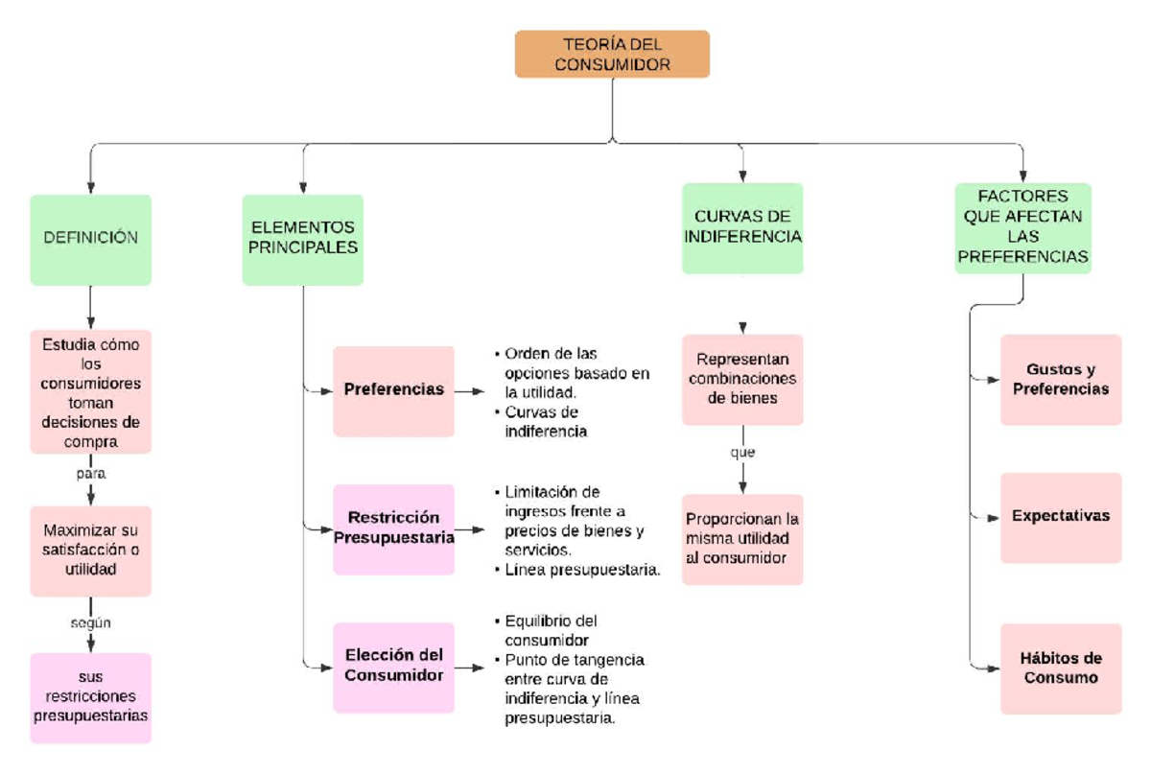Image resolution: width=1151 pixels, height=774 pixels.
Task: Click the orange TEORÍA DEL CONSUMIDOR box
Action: click(x=612, y=54)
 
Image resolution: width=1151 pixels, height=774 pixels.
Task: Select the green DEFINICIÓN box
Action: click(x=90, y=239)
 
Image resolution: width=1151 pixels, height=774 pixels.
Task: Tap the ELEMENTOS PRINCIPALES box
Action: click(x=303, y=239)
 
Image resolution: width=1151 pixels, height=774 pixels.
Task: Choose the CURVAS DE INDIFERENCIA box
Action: click(x=742, y=227)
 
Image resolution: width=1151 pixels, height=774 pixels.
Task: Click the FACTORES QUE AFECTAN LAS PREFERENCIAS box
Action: click(x=1022, y=227)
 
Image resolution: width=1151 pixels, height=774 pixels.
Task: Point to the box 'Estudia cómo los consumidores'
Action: click(x=90, y=391)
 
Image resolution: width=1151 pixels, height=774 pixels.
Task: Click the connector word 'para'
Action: click(x=90, y=474)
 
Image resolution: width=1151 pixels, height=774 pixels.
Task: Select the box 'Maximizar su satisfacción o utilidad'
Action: click(x=90, y=551)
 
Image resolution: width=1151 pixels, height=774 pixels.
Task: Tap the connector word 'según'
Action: click(x=90, y=623)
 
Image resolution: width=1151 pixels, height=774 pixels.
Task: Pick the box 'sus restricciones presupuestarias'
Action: click(x=90, y=697)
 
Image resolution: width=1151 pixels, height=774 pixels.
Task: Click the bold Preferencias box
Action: click(x=393, y=390)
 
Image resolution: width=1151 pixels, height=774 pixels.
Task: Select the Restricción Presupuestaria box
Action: click(x=393, y=528)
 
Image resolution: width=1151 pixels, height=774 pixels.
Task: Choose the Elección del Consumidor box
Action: click(x=393, y=666)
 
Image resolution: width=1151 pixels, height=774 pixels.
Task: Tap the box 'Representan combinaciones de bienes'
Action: click(x=742, y=379)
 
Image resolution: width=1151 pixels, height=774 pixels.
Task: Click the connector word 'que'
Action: click(x=742, y=453)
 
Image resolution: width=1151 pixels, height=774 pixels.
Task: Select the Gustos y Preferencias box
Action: click(x=1061, y=379)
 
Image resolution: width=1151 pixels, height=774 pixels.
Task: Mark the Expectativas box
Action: click(x=1061, y=516)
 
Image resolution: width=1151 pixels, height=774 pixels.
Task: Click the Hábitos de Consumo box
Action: click(x=1061, y=668)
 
